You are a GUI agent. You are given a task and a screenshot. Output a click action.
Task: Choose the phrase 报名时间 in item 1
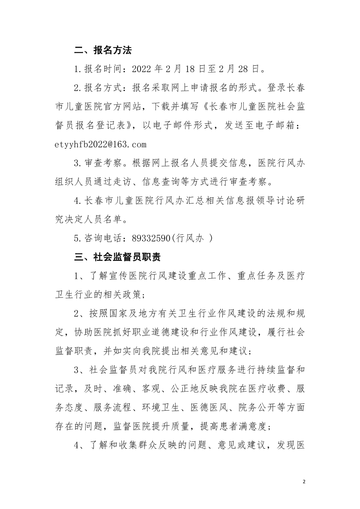click(x=107, y=69)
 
